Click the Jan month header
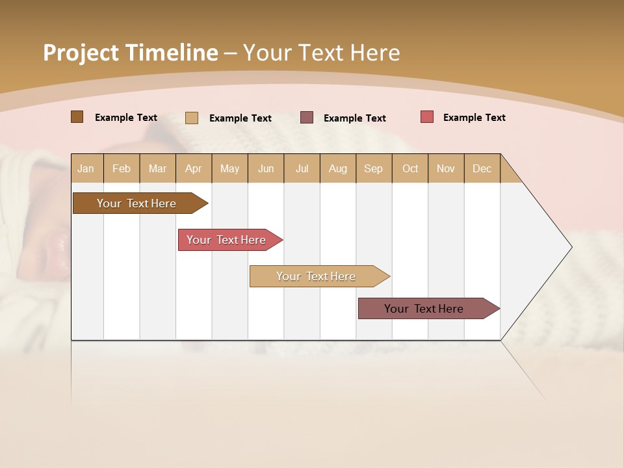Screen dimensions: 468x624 point(86,168)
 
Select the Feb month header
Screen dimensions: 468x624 point(122,168)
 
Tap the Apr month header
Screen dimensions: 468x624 point(194,168)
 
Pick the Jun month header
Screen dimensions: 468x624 point(266,168)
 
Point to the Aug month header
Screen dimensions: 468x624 point(338,168)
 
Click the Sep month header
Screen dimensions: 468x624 point(373,168)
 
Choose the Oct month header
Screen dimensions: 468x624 point(410,168)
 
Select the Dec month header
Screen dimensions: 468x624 point(482,168)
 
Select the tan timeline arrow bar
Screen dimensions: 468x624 point(317,276)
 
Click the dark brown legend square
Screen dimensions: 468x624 point(77,117)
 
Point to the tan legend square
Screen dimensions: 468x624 point(192,118)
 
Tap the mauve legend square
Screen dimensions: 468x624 point(307,118)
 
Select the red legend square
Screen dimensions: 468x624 point(427,117)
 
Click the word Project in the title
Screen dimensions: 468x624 point(81,53)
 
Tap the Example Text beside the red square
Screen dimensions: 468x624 point(474,118)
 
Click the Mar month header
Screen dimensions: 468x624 point(157,168)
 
